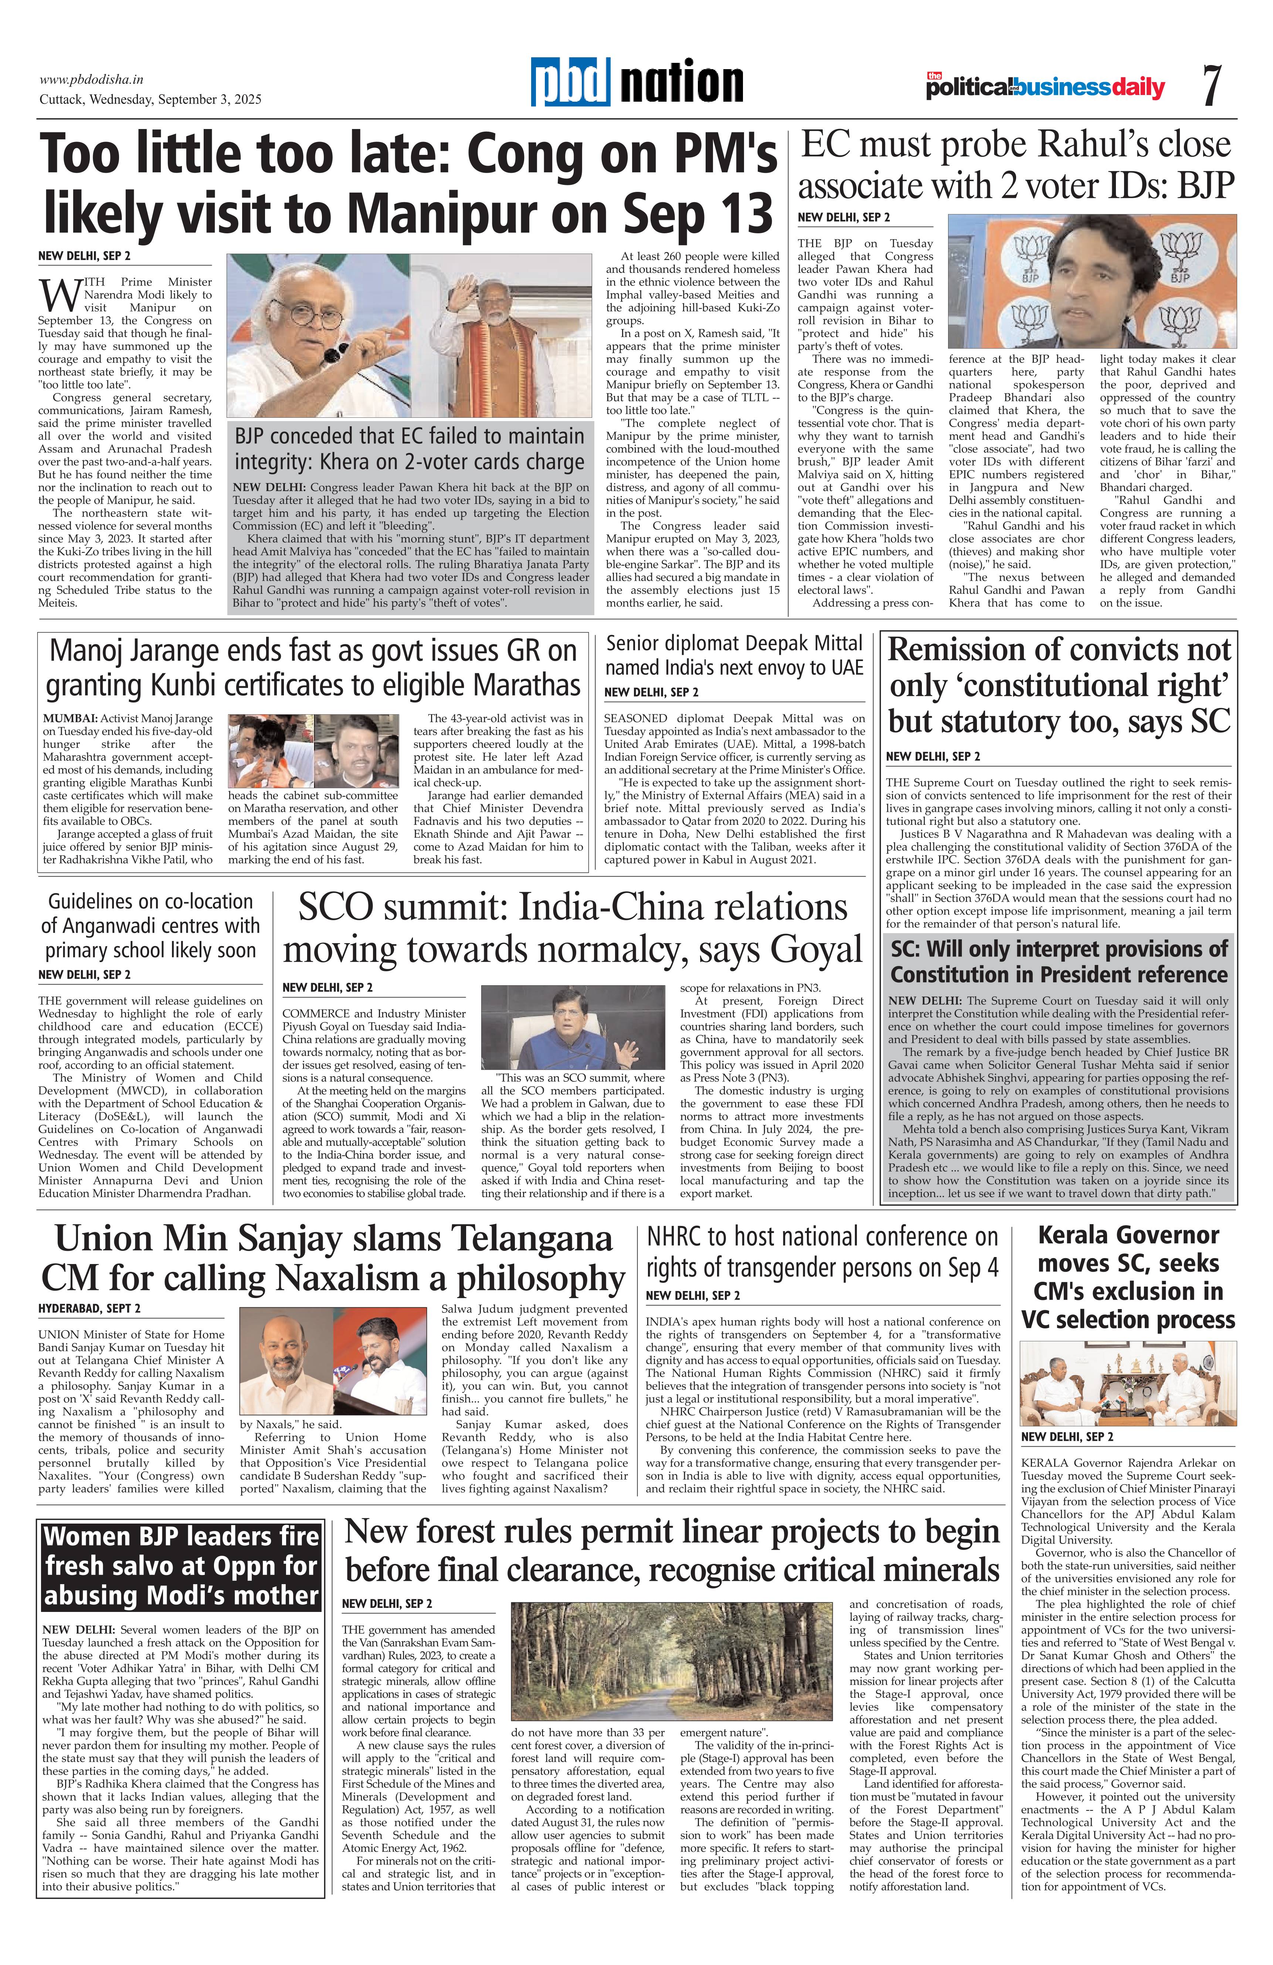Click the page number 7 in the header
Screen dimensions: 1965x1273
(x=1210, y=86)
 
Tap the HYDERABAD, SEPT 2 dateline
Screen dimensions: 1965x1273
(x=89, y=1309)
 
